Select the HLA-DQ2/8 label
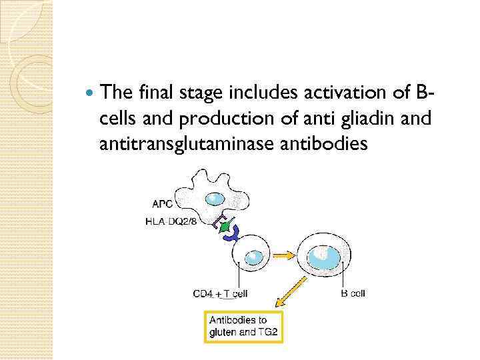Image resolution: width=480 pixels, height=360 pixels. tap(171, 222)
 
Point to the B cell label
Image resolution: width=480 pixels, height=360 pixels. tap(353, 293)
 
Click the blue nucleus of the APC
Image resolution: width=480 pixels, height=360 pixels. tap(216, 199)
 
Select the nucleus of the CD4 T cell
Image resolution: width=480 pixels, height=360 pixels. tap(253, 256)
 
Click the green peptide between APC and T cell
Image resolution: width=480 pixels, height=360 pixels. tap(226, 228)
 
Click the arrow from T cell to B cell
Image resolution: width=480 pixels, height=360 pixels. tap(282, 255)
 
